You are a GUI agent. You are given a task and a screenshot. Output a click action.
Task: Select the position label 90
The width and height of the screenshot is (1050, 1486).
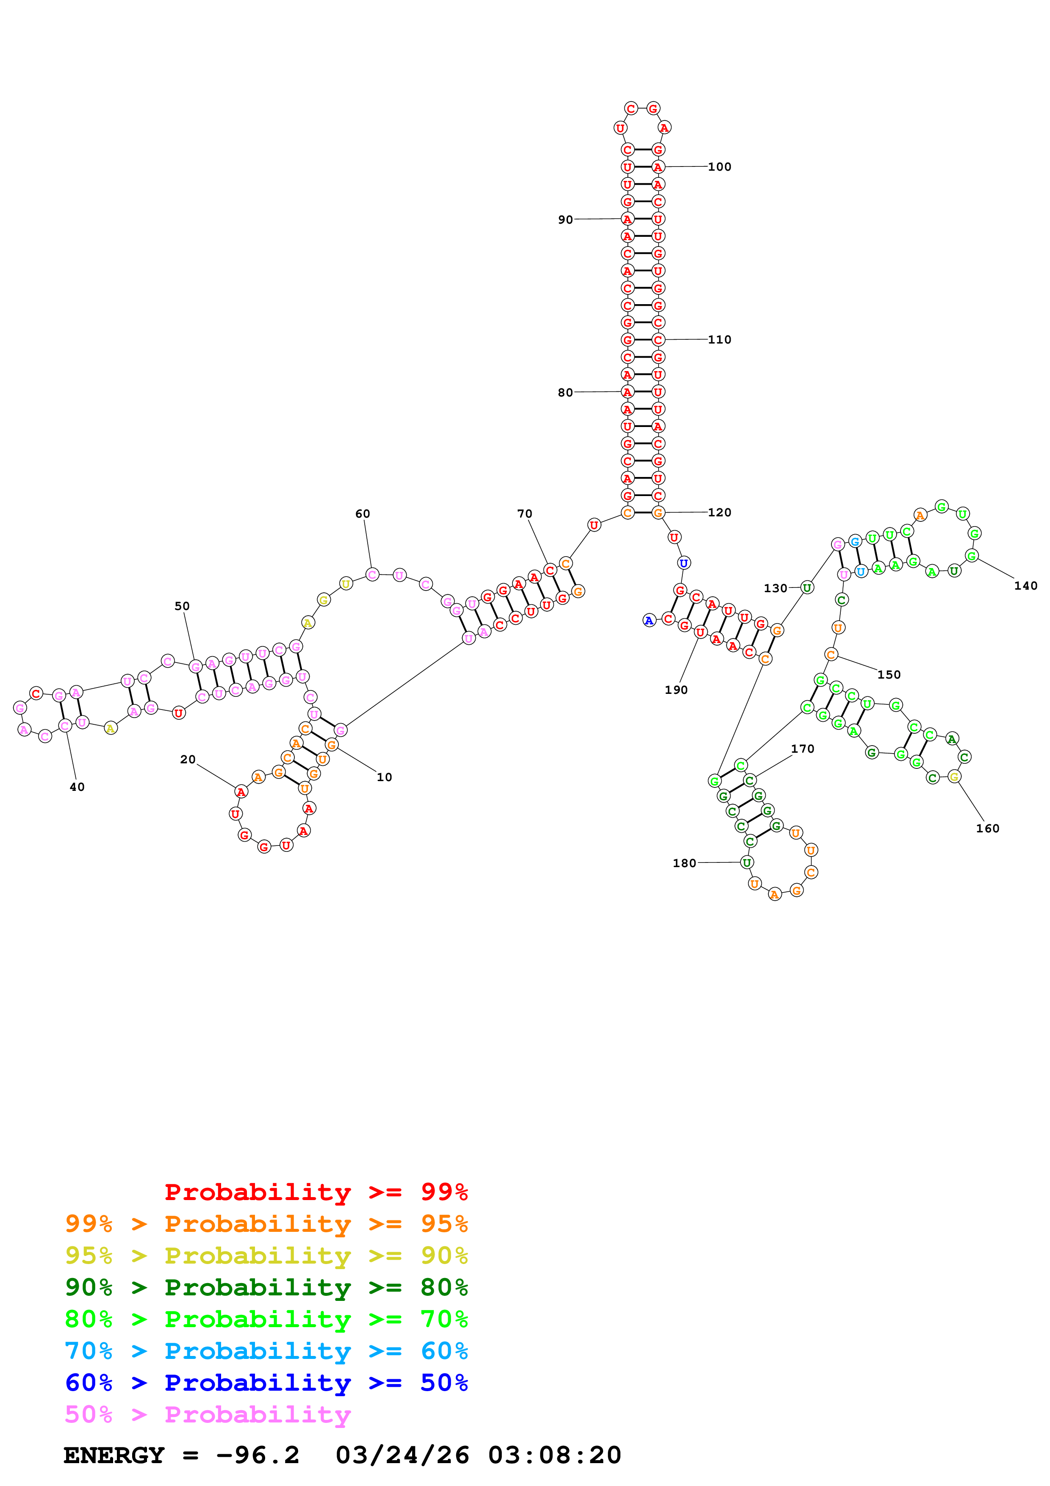(565, 220)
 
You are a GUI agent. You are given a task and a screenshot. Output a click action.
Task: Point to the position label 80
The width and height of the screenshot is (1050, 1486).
(565, 393)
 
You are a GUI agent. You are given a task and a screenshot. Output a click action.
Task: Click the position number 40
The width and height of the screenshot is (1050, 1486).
(77, 787)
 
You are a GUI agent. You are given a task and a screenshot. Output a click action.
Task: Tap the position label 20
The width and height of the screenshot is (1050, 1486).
(188, 760)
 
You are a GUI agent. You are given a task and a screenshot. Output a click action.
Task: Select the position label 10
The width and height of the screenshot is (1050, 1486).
(384, 777)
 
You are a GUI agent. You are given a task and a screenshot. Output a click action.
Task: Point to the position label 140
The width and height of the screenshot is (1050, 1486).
(1025, 586)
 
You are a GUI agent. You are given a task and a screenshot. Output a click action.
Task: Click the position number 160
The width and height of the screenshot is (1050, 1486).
(987, 829)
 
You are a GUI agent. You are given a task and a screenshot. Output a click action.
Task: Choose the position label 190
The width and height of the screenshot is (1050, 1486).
(676, 690)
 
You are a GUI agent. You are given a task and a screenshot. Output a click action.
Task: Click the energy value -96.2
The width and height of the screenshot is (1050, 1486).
(258, 1455)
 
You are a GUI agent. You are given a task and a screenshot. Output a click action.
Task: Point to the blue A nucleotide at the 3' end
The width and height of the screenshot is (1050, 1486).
(649, 621)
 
